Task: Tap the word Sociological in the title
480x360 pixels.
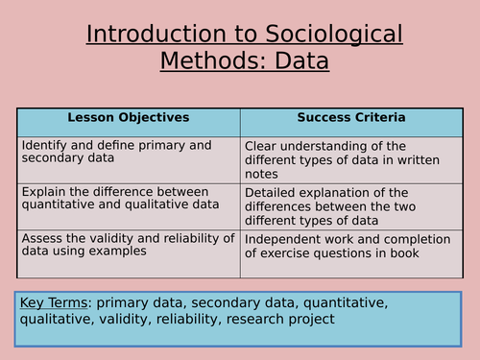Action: click(x=327, y=36)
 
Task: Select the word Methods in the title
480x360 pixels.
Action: click(x=209, y=62)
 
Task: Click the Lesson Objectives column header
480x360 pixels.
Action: click(x=129, y=118)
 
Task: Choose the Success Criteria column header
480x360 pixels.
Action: click(x=351, y=118)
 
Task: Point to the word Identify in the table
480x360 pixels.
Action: click(x=44, y=145)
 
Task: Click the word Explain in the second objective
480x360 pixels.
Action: click(x=43, y=191)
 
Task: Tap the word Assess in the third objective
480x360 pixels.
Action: click(x=42, y=237)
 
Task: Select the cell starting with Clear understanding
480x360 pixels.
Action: click(x=351, y=159)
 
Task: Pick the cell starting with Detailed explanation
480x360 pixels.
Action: click(x=351, y=205)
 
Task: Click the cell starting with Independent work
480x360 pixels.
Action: click(x=351, y=245)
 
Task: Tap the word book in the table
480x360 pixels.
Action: click(x=429, y=252)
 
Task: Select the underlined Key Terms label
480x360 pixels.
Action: click(x=54, y=303)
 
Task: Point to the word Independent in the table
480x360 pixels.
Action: click(x=287, y=237)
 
